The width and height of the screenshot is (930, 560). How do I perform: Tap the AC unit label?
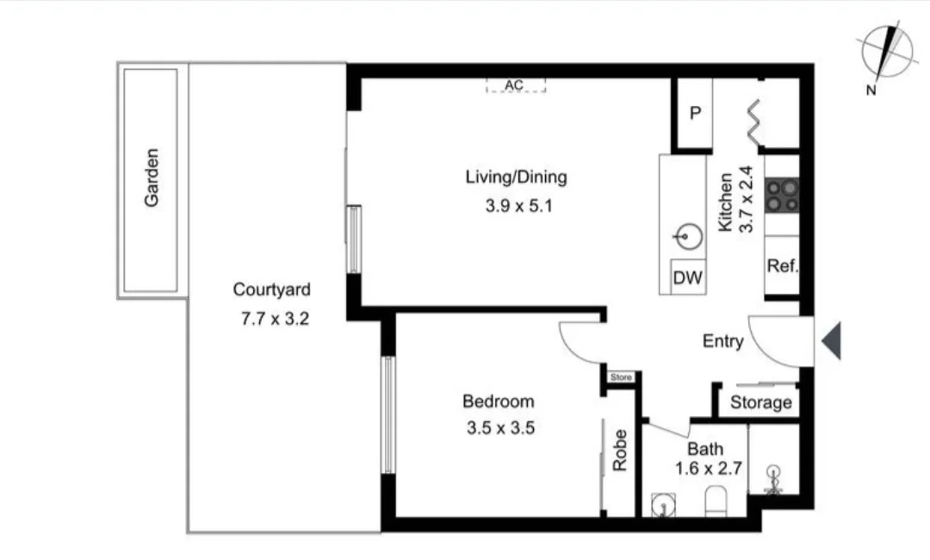(x=515, y=85)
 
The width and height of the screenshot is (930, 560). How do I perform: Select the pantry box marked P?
(x=696, y=114)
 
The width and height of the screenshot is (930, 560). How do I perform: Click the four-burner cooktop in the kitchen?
(x=783, y=196)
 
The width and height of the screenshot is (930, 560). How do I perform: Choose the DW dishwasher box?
(x=687, y=277)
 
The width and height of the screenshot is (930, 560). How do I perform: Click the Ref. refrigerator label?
(x=782, y=266)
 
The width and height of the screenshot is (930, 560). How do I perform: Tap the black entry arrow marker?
(x=831, y=341)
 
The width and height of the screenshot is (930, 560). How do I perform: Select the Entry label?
(x=722, y=341)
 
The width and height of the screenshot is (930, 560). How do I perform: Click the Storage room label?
(x=760, y=402)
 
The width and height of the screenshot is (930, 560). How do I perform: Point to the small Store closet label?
(x=621, y=377)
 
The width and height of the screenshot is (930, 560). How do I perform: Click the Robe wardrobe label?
(x=619, y=450)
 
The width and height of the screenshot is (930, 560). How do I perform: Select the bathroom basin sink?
(x=661, y=503)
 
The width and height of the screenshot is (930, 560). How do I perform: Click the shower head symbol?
(x=774, y=479)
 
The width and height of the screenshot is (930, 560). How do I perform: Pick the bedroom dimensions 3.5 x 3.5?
(x=499, y=427)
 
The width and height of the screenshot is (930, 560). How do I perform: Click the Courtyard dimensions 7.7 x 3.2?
(x=271, y=318)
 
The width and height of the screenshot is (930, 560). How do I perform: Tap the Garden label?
(x=152, y=177)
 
